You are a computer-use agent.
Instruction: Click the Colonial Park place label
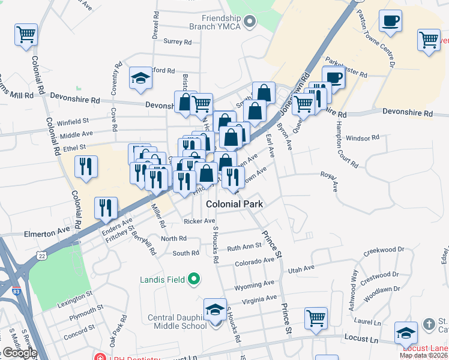235,204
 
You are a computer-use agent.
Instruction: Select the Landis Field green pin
194,278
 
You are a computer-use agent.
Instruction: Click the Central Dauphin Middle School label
178,322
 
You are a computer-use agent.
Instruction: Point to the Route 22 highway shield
41,256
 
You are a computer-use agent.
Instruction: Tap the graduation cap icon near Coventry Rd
140,79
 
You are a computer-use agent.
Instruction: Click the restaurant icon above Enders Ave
106,208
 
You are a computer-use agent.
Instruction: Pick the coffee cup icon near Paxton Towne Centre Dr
390,21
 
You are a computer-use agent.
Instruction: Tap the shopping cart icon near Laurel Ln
316,319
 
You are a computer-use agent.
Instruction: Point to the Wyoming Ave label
254,284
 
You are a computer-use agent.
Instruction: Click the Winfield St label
73,122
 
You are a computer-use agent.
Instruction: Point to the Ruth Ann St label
244,246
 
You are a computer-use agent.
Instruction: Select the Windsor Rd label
363,137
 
